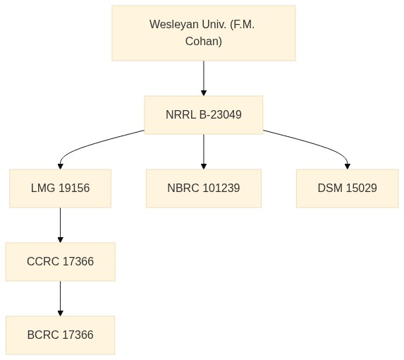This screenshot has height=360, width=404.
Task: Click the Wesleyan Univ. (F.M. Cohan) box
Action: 204,33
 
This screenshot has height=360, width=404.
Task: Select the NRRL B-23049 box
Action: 204,115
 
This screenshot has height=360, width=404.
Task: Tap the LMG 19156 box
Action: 61,188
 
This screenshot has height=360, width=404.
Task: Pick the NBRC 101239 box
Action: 204,188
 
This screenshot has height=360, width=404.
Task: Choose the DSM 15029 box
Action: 348,188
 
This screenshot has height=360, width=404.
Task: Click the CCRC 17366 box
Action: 61,261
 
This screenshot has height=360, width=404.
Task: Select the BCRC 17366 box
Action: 61,335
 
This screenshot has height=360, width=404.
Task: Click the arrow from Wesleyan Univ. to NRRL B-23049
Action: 204,78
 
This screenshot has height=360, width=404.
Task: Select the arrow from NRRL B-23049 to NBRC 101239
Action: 204,152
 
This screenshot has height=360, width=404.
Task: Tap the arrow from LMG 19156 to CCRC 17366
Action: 61,225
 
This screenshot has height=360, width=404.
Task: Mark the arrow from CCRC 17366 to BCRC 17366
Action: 61,299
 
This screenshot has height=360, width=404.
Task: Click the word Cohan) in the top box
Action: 204,41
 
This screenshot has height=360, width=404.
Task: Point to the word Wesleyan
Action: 174,25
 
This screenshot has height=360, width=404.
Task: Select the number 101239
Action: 221,188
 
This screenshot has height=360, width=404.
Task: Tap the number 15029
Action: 361,188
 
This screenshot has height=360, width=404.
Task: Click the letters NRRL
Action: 180,115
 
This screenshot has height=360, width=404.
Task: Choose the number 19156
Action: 74,188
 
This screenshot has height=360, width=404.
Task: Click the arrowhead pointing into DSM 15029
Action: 348,167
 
